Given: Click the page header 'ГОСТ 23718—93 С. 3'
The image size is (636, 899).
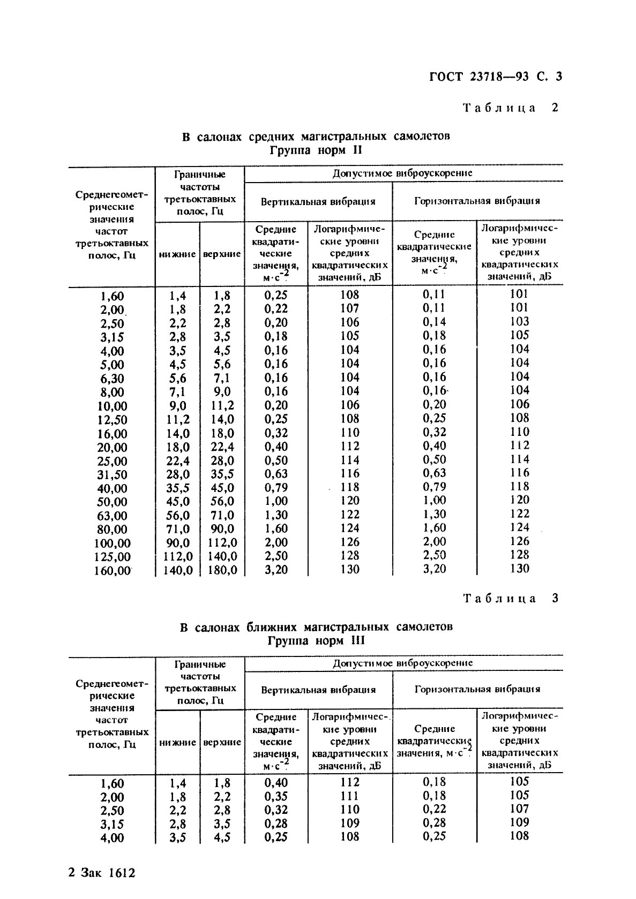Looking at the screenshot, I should coord(496,77).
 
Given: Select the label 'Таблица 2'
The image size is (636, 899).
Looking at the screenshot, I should coord(511,108).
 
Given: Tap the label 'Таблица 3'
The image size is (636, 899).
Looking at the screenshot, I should coord(511,599).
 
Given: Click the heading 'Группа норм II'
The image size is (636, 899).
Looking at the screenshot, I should coord(316,150).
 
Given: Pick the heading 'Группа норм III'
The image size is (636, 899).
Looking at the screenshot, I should coord(316,640).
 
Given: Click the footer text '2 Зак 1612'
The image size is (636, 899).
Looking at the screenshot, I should coord(102,873).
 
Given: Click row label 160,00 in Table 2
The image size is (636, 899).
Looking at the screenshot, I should coord(112,571).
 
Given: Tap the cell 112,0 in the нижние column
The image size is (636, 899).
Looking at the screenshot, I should coord(177,557).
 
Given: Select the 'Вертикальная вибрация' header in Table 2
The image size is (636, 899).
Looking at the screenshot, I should coord(318,202).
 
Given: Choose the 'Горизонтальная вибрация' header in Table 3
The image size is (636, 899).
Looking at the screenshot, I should coord(477,689).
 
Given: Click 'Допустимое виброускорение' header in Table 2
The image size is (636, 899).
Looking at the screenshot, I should coord(402,173).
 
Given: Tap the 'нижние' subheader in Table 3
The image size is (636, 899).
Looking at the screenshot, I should coord(177,743).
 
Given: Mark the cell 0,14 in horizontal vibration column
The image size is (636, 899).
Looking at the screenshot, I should coord(434,322).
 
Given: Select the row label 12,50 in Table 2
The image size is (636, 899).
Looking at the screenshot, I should coord(112,420).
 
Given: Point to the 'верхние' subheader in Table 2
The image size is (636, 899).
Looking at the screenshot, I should coord(222,254).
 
